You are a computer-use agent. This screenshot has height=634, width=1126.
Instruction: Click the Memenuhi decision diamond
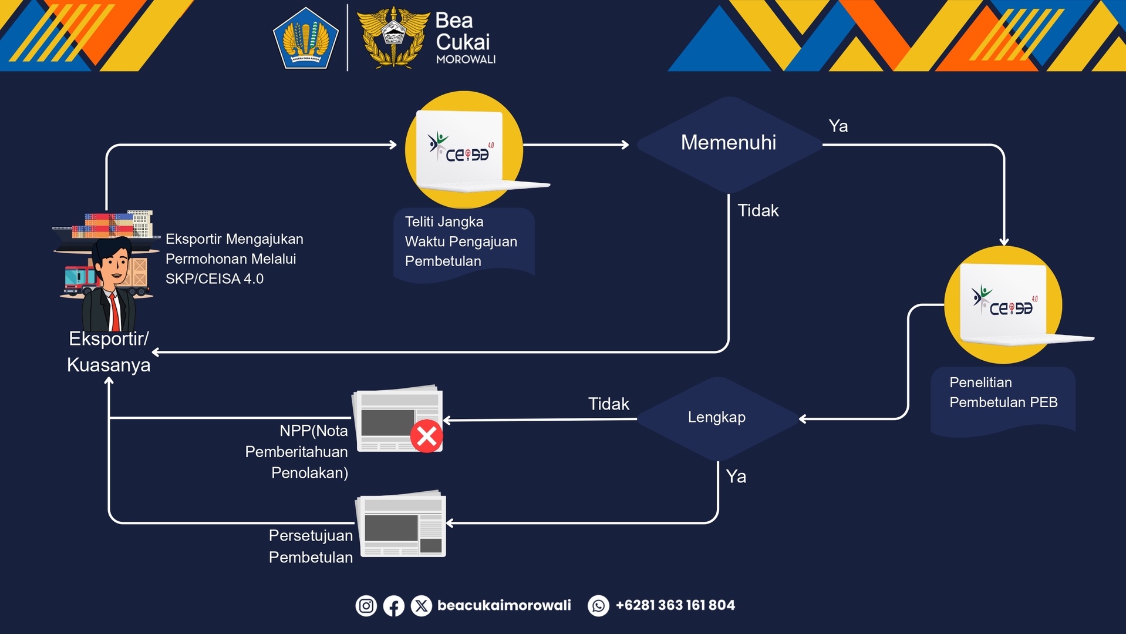pyautogui.click(x=728, y=143)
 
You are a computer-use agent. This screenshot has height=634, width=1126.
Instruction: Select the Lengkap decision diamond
pyautogui.click(x=717, y=418)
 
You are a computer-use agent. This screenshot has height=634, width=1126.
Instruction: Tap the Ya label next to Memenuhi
pyautogui.click(x=838, y=126)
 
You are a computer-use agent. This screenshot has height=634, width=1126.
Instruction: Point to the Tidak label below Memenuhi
pyautogui.click(x=758, y=211)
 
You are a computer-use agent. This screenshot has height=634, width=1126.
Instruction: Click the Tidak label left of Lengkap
pyautogui.click(x=608, y=404)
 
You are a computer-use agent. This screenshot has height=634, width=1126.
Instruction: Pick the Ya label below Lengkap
pyautogui.click(x=736, y=477)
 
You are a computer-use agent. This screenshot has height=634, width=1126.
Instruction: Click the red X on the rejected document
pyautogui.click(x=426, y=436)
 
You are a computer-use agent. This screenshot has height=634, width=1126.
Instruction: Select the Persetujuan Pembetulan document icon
pyautogui.click(x=403, y=524)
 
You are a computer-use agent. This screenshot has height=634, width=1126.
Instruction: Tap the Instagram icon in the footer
pyautogui.click(x=366, y=606)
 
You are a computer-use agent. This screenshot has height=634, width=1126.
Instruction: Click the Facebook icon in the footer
pyautogui.click(x=393, y=606)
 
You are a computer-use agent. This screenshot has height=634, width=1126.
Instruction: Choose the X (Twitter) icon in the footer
pyautogui.click(x=421, y=606)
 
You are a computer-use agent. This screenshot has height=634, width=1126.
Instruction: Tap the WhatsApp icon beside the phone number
pyautogui.click(x=598, y=606)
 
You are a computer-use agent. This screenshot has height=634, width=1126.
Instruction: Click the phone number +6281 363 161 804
pyautogui.click(x=675, y=605)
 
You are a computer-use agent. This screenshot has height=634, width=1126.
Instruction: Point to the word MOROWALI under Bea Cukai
pyautogui.click(x=466, y=59)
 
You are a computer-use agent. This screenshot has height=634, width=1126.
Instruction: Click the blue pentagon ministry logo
pyautogui.click(x=306, y=39)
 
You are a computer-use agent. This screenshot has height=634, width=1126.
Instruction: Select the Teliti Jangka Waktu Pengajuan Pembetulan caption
pyautogui.click(x=461, y=241)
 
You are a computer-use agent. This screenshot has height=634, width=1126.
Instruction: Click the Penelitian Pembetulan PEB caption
pyautogui.click(x=1003, y=393)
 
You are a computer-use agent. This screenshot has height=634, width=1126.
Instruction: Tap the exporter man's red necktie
pyautogui.click(x=114, y=312)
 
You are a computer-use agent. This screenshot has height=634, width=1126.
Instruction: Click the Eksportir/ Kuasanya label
pyautogui.click(x=109, y=352)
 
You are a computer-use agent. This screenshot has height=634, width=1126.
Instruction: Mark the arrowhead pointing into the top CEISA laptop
pyautogui.click(x=393, y=145)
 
